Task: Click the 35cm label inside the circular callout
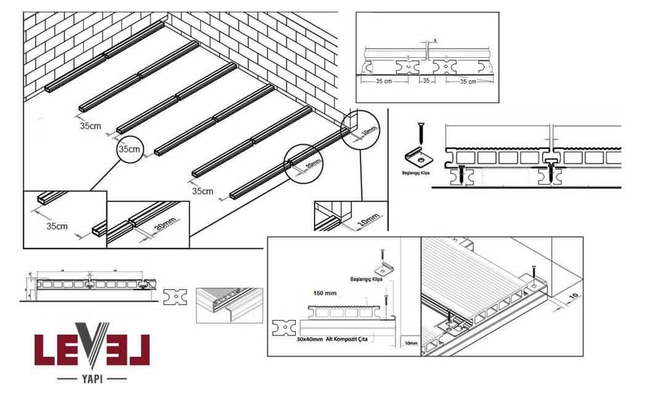pos(129,150)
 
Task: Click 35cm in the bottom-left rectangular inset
pos(57,226)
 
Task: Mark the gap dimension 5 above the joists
pos(434,41)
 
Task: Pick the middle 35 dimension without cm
pos(425,81)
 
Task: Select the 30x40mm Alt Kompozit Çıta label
pos(333,340)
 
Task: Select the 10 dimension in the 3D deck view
pos(572,297)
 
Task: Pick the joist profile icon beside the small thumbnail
pos(176,298)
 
